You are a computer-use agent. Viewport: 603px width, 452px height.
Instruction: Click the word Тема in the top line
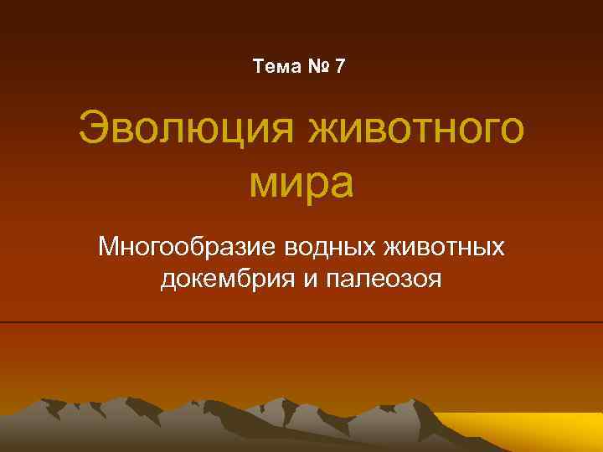pyautogui.click(x=275, y=66)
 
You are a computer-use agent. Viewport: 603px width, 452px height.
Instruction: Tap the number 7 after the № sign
pyautogui.click(x=338, y=66)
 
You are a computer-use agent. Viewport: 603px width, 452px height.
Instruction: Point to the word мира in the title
pyautogui.click(x=301, y=183)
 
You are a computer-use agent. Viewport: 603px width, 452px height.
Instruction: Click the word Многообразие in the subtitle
pyautogui.click(x=189, y=249)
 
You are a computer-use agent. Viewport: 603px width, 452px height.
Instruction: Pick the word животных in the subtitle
pyautogui.click(x=444, y=249)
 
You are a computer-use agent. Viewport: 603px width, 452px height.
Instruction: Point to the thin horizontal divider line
pyautogui.click(x=301, y=322)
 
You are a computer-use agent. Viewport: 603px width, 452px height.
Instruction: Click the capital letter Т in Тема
pyautogui.click(x=257, y=66)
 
